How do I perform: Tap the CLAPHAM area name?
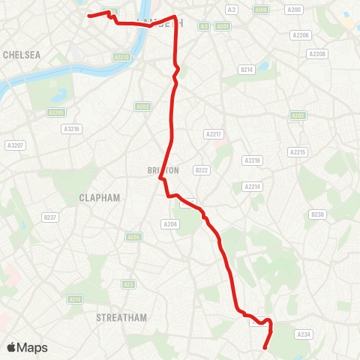pyautogui.click(x=99, y=197)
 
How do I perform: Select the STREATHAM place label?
pyautogui.click(x=121, y=317)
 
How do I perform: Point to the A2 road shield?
pyautogui.click(x=232, y=10)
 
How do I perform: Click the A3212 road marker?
pyautogui.click(x=121, y=56)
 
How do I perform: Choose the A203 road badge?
pyautogui.click(x=142, y=106)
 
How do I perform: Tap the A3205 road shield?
pyautogui.click(x=55, y=112)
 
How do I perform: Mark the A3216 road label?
pyautogui.click(x=72, y=129)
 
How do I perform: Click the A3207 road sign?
pyautogui.click(x=14, y=145)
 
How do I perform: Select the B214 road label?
pyautogui.click(x=247, y=69)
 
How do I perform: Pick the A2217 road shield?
pyautogui.click(x=214, y=134)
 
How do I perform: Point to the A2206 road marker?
pyautogui.click(x=301, y=35)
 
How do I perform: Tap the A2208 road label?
pyautogui.click(x=317, y=54)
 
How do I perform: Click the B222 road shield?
pyautogui.click(x=201, y=170)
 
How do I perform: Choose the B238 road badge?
pyautogui.click(x=317, y=214)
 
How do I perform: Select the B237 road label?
pyautogui.click(x=50, y=217)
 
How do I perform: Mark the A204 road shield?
pyautogui.click(x=170, y=223)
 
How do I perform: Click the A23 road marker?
pyautogui.click(x=129, y=283)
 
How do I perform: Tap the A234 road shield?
pyautogui.click(x=304, y=334)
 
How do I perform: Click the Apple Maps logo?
pyautogui.click(x=27, y=347)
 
